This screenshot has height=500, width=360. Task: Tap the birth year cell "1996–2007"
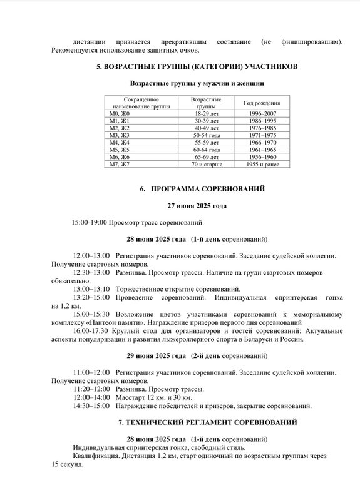coord(262,113)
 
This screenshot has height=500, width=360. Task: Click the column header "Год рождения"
coord(262,103)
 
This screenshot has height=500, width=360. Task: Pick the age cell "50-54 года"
coord(206,135)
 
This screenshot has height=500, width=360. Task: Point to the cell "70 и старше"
coord(206,164)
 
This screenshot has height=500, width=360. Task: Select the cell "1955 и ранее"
coord(262,164)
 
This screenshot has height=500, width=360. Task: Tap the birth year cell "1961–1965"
coord(262,150)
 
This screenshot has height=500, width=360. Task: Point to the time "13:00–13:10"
coord(91,289)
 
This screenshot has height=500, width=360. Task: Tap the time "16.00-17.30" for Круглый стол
coord(91,331)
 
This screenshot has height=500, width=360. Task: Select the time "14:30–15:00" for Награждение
coord(91,406)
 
